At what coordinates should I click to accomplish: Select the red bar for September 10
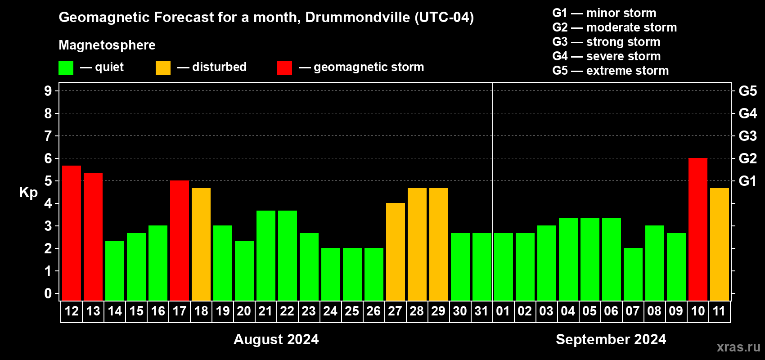coord(698,229)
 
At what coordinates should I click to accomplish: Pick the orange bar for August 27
coord(396,252)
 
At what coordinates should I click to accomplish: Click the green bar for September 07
coord(633,274)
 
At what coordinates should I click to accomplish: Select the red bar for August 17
coord(180,241)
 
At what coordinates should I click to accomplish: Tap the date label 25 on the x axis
coord(352,311)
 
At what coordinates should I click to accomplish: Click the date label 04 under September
coord(568,311)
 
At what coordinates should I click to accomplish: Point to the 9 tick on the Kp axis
coord(48,91)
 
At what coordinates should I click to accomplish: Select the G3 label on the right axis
coord(747,136)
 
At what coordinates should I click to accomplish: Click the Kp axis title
coord(28,192)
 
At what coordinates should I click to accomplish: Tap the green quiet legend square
coord(66,68)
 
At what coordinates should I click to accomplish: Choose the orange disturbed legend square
coord(163,68)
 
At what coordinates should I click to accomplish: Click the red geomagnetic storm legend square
coord(284,68)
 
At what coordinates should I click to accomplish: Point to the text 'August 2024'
coord(276,339)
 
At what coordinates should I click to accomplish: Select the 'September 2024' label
coord(611,339)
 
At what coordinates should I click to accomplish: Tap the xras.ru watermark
coord(738,347)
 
